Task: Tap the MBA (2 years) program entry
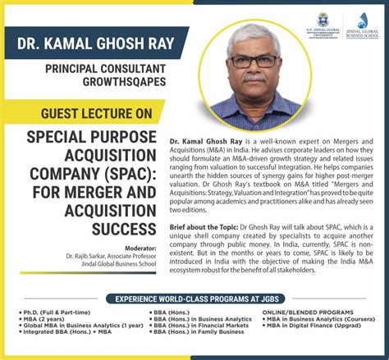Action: pos(44,321)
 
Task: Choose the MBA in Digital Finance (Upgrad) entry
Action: pos(318,329)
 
